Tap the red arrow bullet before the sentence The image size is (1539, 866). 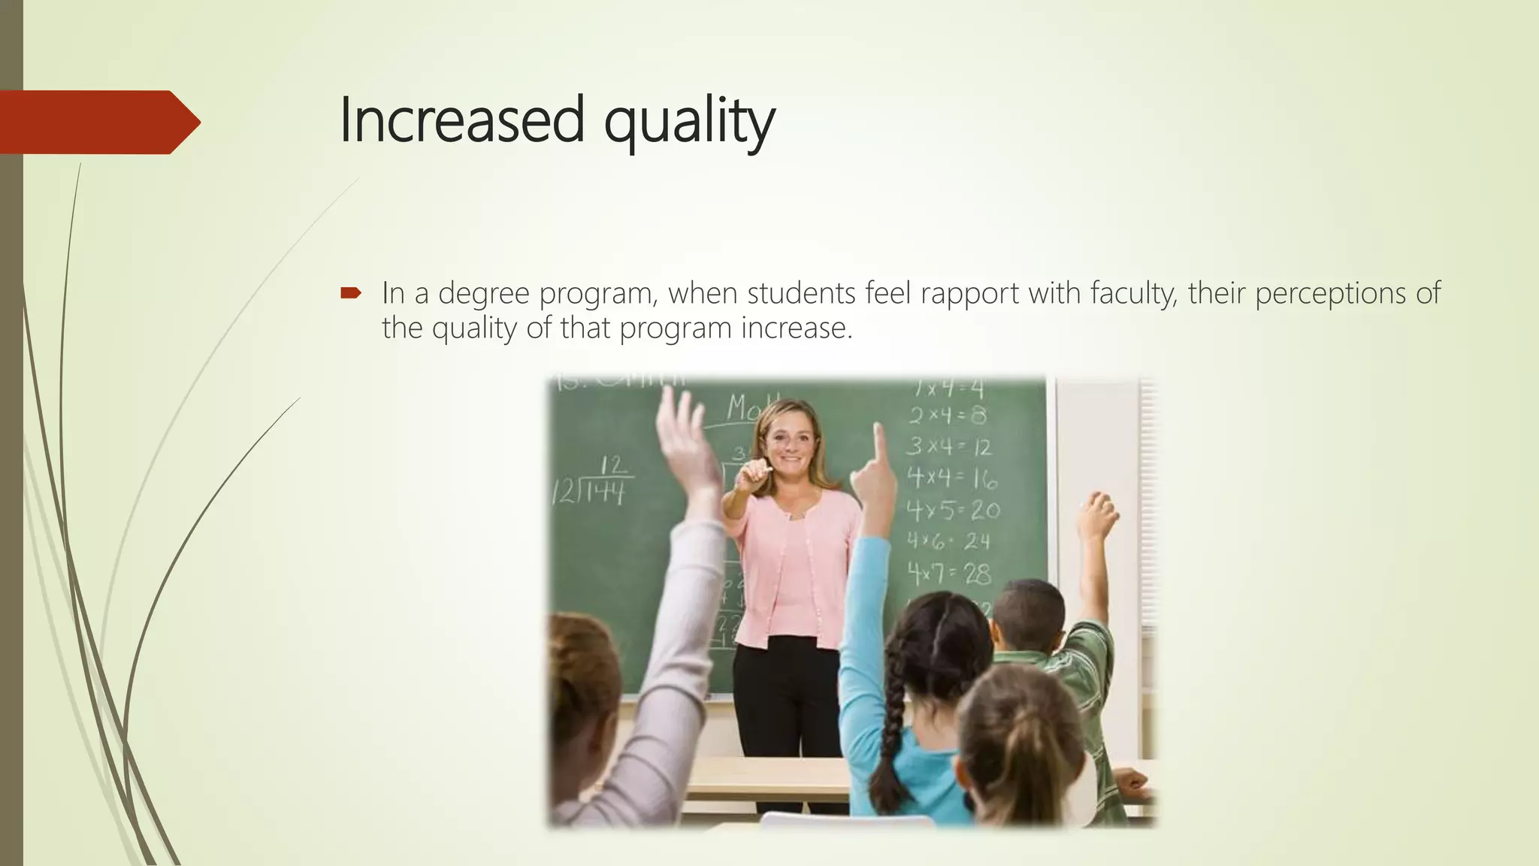tap(351, 292)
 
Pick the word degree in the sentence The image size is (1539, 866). tap(483, 294)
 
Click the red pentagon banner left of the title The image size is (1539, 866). tap(98, 122)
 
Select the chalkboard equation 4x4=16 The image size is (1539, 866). tap(951, 478)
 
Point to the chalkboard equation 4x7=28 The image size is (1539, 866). tap(949, 574)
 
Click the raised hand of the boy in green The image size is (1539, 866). tap(1098, 515)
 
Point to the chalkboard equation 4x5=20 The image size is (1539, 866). tap(953, 510)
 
